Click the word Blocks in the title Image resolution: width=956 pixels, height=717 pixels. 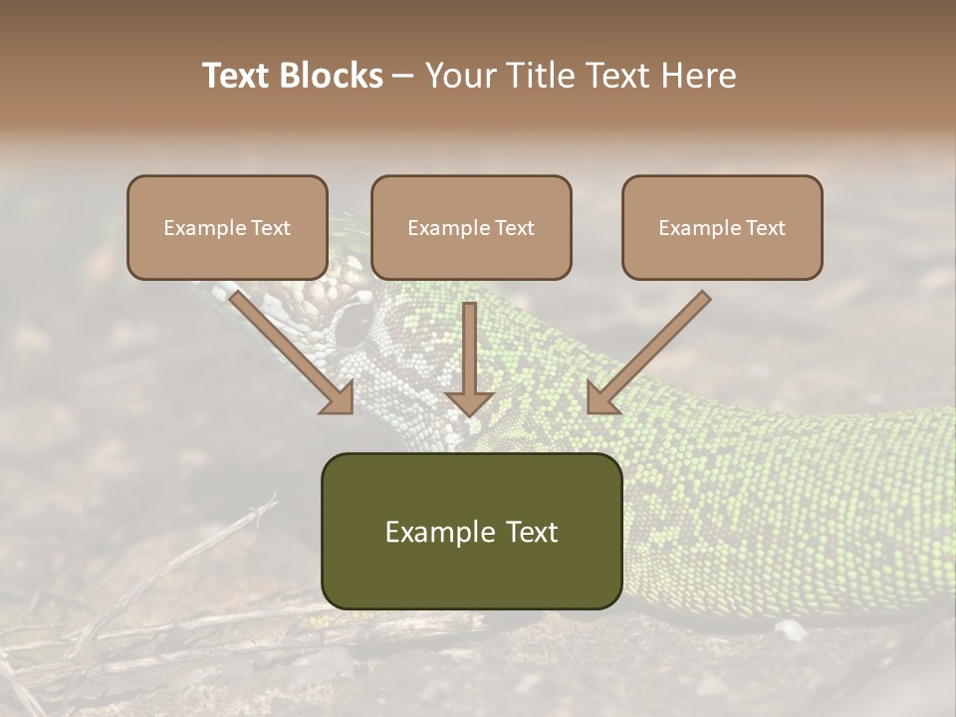point(334,76)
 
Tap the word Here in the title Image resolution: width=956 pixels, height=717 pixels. point(696,76)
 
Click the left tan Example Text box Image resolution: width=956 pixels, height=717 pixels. point(227,227)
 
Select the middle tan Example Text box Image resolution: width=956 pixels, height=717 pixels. point(471,227)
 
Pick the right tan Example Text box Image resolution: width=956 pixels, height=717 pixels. point(722,227)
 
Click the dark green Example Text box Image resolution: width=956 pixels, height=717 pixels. point(471,531)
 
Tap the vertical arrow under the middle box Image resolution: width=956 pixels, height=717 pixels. point(469,358)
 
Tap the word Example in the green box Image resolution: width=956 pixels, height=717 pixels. point(438,532)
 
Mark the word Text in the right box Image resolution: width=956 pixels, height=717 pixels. point(766,228)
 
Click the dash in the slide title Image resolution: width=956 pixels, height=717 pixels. point(403,76)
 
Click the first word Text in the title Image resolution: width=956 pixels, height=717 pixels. point(239,76)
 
